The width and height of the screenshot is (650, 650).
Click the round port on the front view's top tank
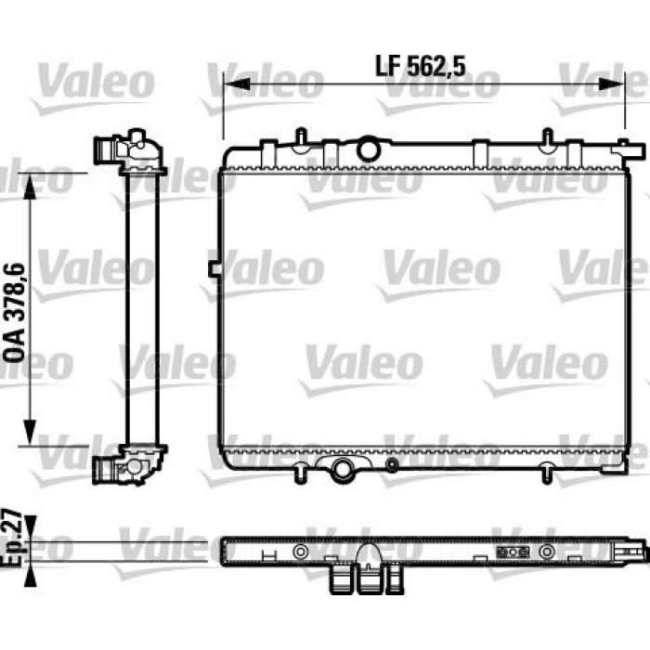point(369,149)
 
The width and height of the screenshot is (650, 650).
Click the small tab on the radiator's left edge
point(215,268)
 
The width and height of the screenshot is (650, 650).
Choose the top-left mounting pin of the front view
point(302,136)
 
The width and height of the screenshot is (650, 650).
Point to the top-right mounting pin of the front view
point(549,136)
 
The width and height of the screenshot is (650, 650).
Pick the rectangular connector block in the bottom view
point(513,552)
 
